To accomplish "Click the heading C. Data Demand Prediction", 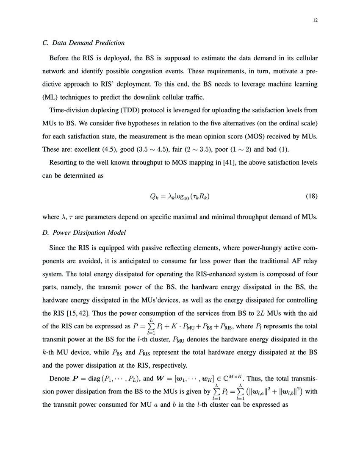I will pyautogui.click(x=84, y=43).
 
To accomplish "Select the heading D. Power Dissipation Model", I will pyautogui.click(x=84, y=233).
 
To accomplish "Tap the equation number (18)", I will pyautogui.click(x=311, y=196).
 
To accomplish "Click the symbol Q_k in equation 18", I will pyautogui.click(x=154, y=196).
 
